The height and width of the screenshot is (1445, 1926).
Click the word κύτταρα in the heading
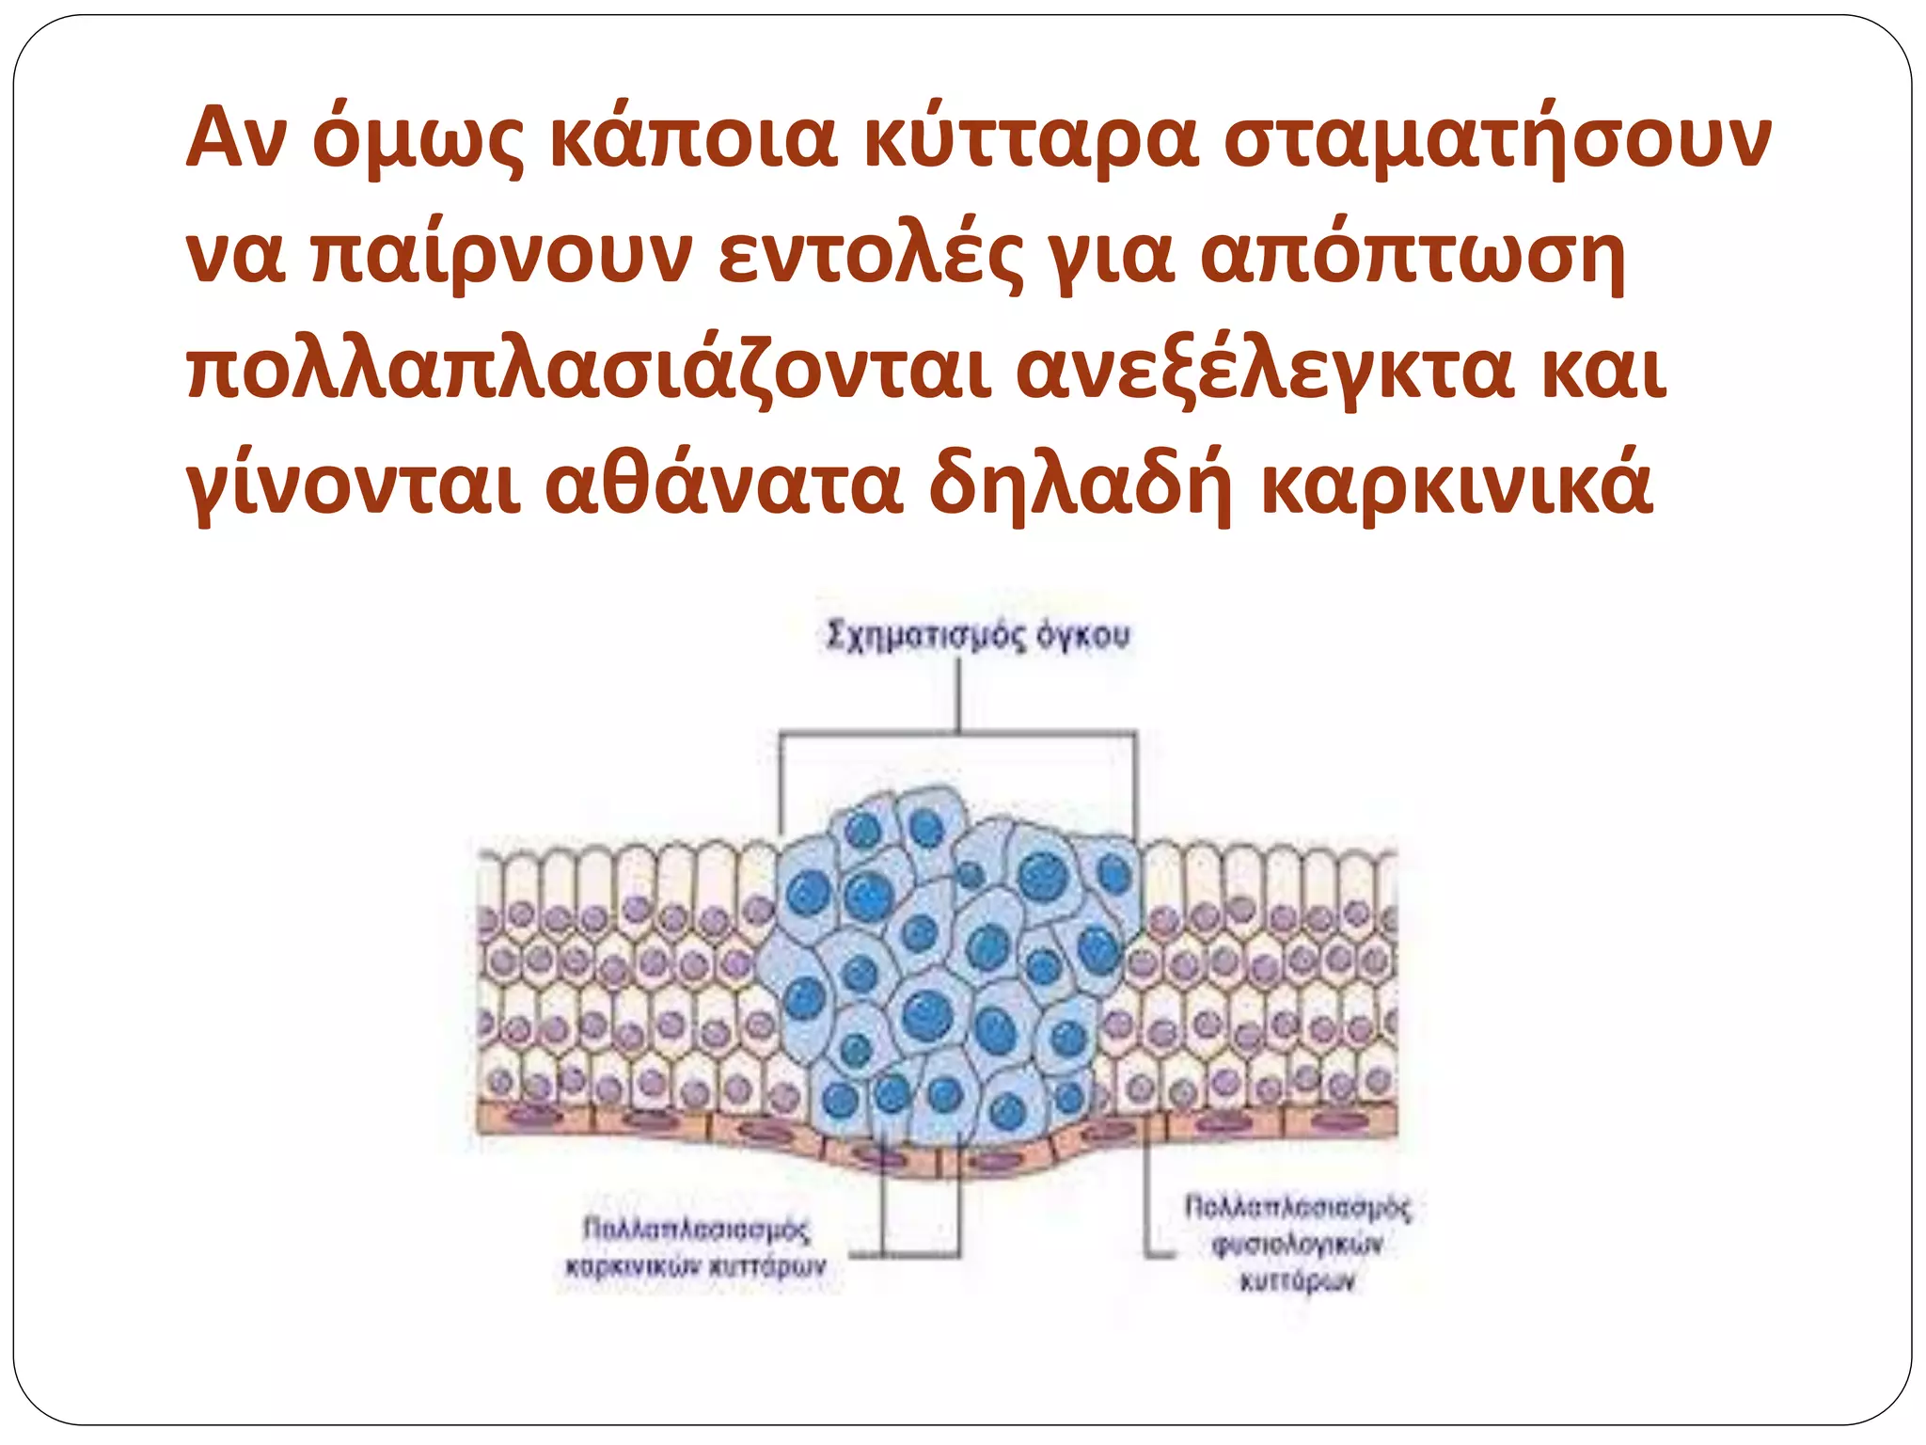[x=1031, y=139]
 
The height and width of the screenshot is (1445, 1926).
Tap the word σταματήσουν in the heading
[x=1497, y=139]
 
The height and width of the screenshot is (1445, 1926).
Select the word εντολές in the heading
[x=870, y=256]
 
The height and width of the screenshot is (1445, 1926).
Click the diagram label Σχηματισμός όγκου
[x=978, y=637]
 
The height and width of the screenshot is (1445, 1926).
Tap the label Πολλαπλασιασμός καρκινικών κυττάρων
[x=696, y=1247]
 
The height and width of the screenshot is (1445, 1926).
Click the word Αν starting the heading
[x=235, y=139]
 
